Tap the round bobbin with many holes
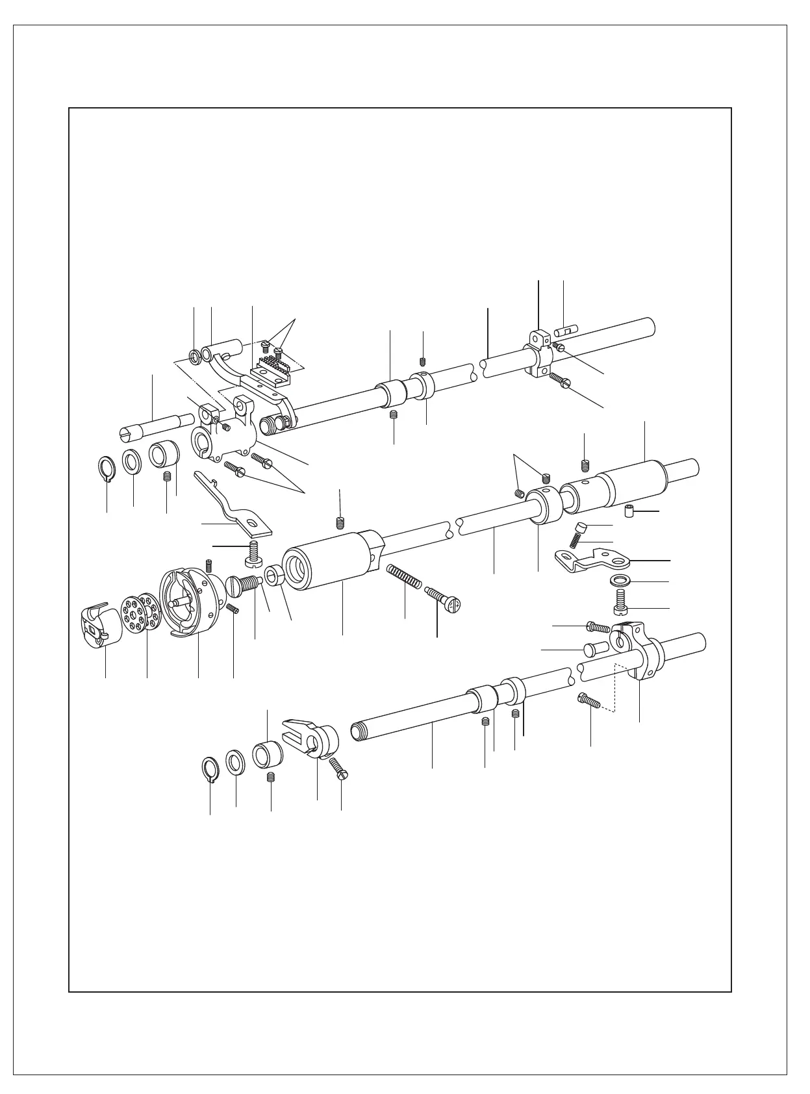[x=139, y=611]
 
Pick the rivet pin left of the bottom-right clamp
[x=595, y=648]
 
